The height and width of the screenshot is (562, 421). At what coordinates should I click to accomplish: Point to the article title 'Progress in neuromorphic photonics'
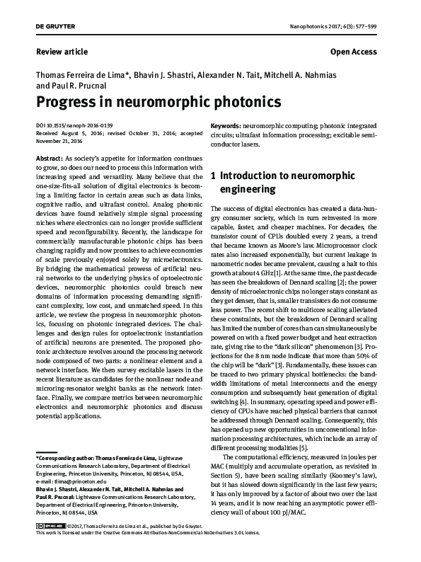[153, 101]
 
